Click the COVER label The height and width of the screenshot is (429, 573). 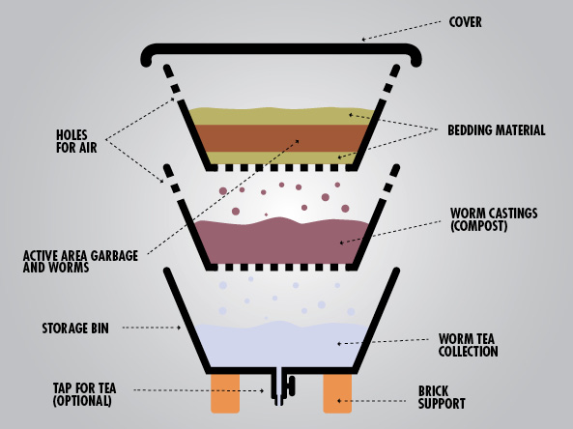click(x=465, y=22)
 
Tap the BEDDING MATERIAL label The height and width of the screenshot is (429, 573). click(x=497, y=130)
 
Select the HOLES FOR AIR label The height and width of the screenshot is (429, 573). click(x=76, y=141)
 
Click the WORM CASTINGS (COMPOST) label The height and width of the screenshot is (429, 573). click(x=494, y=219)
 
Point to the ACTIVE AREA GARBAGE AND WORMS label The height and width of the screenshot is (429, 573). click(x=80, y=261)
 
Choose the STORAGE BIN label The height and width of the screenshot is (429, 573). click(x=75, y=329)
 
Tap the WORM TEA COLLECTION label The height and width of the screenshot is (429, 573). click(x=468, y=345)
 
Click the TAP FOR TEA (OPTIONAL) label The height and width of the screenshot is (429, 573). click(x=84, y=394)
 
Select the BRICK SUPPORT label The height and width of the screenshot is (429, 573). click(x=442, y=397)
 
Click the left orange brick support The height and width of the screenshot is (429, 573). click(x=225, y=393)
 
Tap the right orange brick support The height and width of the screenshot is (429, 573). click(x=337, y=393)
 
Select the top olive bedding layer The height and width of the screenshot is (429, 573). click(x=281, y=117)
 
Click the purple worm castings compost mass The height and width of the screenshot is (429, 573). click(x=281, y=242)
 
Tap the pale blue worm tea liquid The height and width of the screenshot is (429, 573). click(x=281, y=345)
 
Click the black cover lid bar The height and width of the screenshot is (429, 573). click(x=281, y=49)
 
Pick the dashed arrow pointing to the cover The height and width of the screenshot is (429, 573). click(x=401, y=30)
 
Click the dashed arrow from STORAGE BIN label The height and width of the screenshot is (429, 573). click(x=152, y=328)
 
